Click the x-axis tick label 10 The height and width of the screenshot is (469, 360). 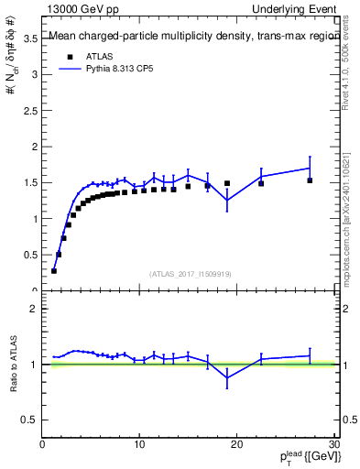coord(139,445)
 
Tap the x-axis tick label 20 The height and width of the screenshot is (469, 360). coord(236,445)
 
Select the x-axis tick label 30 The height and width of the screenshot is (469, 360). coord(333,445)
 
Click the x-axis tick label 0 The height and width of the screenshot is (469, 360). coord(42,445)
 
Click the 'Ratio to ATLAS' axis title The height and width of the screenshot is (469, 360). coord(14,364)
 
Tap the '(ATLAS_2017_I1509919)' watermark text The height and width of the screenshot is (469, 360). coord(190,273)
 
